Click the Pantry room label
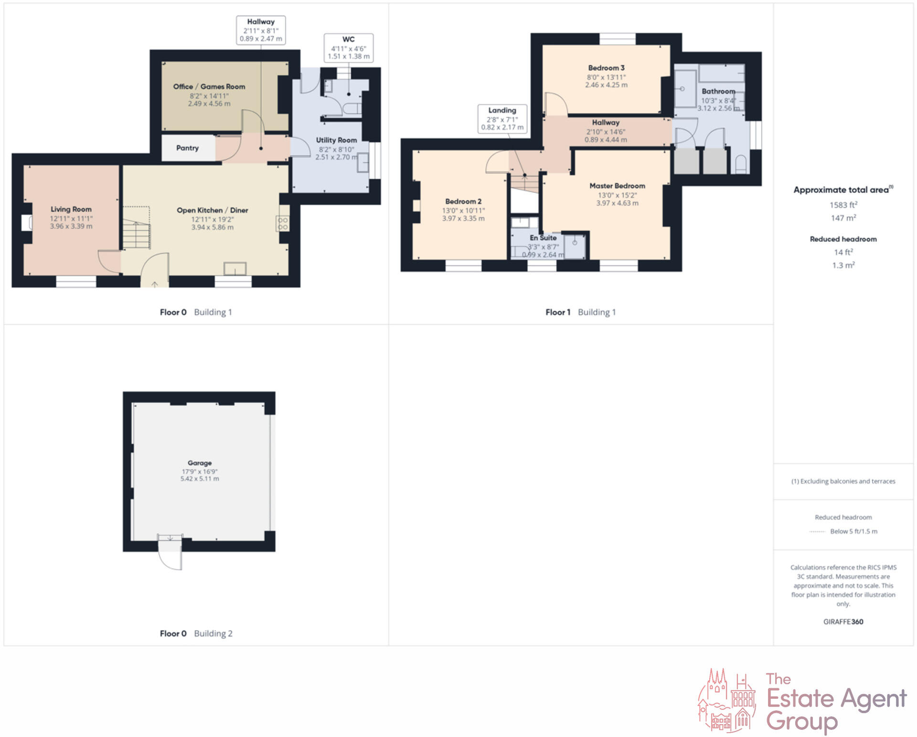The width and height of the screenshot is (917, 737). [187, 148]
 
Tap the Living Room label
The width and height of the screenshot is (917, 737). [71, 209]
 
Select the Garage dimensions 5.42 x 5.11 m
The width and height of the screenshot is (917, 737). [200, 479]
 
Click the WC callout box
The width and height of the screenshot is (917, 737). [349, 48]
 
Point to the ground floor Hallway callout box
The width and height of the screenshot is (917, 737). [261, 30]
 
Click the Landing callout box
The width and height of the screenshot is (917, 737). [502, 119]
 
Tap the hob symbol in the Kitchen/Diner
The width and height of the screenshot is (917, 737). [283, 223]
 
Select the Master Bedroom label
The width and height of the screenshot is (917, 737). [617, 186]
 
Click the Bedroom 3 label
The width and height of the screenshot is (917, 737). [606, 68]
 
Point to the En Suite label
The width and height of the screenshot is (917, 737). [543, 238]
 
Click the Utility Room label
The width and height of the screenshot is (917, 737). [336, 140]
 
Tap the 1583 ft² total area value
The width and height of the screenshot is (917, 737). [843, 205]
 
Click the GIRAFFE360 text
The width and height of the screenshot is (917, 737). [843, 621]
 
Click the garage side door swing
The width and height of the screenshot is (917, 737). [170, 554]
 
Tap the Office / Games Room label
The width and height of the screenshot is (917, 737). [209, 86]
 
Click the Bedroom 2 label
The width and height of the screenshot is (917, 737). [463, 201]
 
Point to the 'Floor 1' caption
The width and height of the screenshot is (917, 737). [558, 312]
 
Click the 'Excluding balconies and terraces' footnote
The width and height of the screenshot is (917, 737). [843, 481]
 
